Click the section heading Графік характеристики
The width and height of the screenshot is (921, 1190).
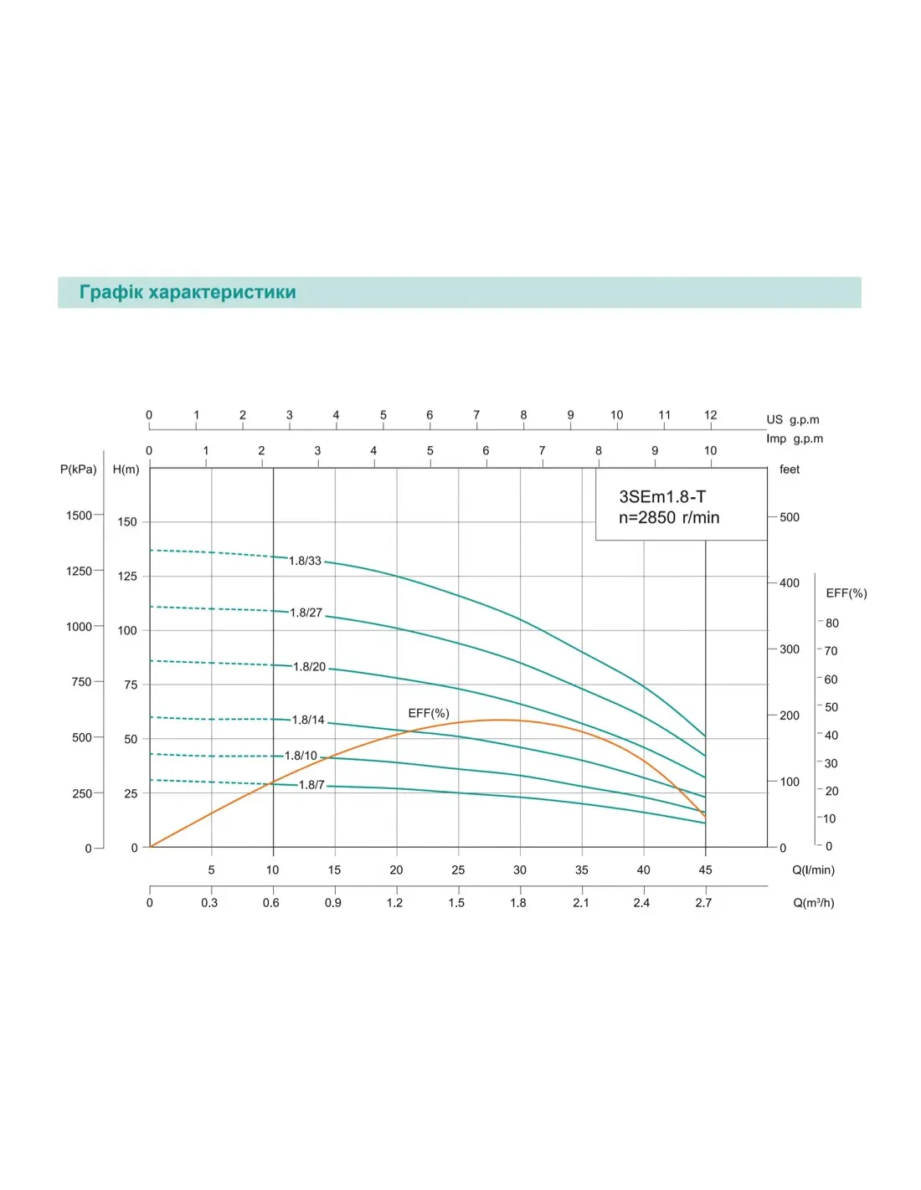[188, 292]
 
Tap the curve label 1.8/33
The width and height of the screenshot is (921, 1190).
[305, 561]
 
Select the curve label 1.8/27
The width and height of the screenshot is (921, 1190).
[306, 613]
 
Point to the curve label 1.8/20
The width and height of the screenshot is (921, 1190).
[309, 667]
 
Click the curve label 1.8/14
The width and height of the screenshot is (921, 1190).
[307, 720]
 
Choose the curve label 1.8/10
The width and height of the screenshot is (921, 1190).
[301, 756]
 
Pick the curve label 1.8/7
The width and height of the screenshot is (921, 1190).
[311, 785]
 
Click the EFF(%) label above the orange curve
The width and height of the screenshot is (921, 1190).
[429, 713]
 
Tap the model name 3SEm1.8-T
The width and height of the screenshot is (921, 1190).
[662, 496]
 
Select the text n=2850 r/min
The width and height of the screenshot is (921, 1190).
[669, 517]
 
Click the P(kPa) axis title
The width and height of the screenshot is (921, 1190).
[79, 469]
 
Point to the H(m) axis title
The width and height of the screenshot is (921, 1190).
[126, 469]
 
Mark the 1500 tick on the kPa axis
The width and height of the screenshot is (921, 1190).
[79, 515]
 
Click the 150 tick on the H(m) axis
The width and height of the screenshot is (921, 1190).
[127, 521]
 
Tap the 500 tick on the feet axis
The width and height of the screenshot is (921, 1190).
[790, 517]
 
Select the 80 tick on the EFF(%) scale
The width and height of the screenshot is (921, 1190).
[831, 623]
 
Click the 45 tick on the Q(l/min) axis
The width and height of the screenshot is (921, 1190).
[705, 869]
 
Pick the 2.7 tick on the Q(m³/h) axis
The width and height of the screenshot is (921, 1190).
[703, 902]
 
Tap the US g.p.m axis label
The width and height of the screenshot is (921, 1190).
[793, 420]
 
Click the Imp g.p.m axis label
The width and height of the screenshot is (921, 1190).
[795, 439]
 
